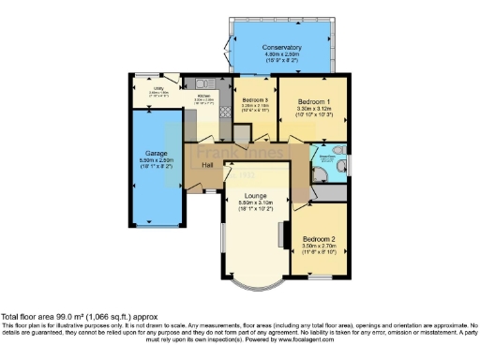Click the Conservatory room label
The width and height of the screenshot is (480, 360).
point(281,47)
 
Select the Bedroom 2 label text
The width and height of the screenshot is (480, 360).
point(319,239)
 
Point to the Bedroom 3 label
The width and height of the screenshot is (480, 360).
point(255,100)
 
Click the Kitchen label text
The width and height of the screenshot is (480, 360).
point(204,96)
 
